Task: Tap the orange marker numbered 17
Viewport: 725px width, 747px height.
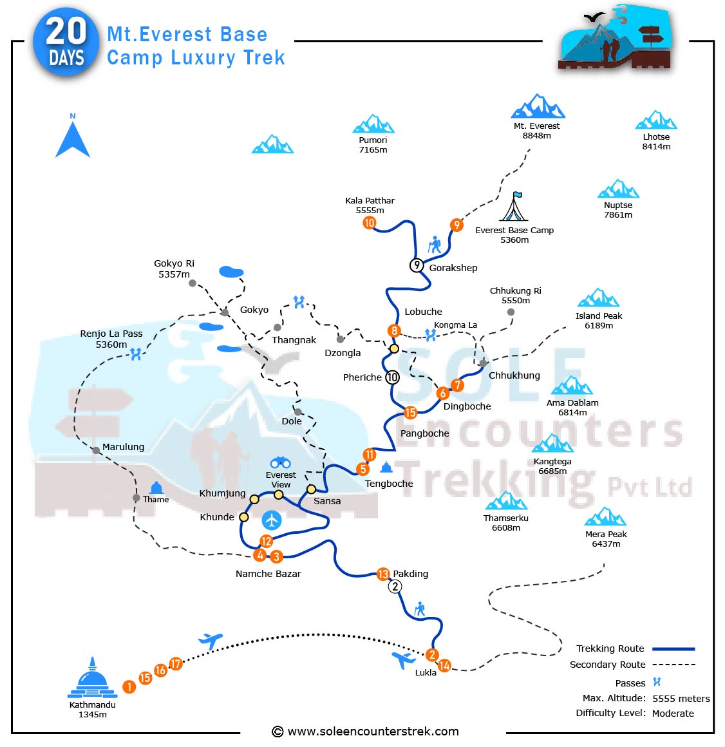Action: (x=175, y=664)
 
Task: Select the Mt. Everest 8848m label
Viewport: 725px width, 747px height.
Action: (x=536, y=131)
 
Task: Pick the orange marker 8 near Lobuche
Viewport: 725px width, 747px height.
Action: (x=394, y=331)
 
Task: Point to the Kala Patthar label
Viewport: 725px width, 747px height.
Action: (x=370, y=205)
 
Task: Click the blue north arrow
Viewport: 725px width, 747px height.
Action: (x=73, y=138)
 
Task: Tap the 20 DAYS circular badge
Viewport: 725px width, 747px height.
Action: (x=66, y=44)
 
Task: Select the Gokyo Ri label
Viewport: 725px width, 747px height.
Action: (x=174, y=269)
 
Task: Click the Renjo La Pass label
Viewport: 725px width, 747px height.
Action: (x=111, y=339)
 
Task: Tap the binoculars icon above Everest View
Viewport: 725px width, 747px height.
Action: (x=280, y=462)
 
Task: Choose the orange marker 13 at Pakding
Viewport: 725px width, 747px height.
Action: (x=383, y=574)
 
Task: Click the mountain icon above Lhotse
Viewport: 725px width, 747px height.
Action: (x=655, y=121)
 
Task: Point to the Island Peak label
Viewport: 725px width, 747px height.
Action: (x=599, y=321)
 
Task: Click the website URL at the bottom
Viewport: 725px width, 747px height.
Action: (x=373, y=732)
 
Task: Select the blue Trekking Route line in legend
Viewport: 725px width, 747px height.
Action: (x=673, y=649)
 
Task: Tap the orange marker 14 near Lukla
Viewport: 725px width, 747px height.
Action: (x=444, y=666)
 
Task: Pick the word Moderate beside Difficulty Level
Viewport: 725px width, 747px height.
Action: (x=673, y=714)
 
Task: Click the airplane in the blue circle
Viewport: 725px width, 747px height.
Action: (x=272, y=520)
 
